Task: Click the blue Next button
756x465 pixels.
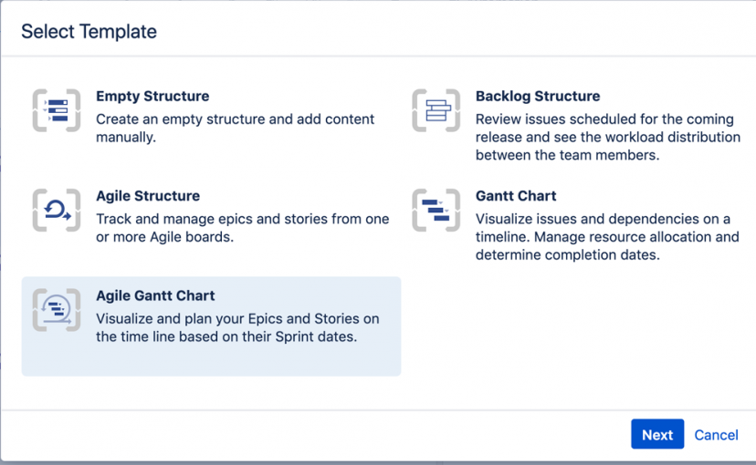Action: (x=657, y=434)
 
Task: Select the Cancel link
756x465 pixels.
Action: (x=716, y=435)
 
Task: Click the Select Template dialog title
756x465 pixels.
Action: (x=89, y=31)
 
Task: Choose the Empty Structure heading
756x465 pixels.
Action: (x=152, y=96)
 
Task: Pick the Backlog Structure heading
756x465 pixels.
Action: (x=538, y=96)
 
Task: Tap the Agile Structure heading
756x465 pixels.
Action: (x=148, y=195)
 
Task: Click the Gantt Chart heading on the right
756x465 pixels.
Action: (x=516, y=195)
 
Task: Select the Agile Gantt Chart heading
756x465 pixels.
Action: (x=155, y=295)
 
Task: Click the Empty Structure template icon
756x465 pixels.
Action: (x=57, y=110)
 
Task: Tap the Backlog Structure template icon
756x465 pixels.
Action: (x=436, y=110)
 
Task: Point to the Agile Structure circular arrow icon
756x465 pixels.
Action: (x=57, y=210)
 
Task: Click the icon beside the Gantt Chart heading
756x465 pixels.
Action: (x=436, y=210)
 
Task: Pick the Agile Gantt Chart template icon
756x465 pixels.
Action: (x=57, y=309)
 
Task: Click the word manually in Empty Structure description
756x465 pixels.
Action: (x=126, y=137)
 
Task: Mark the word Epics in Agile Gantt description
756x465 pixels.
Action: (x=265, y=319)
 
